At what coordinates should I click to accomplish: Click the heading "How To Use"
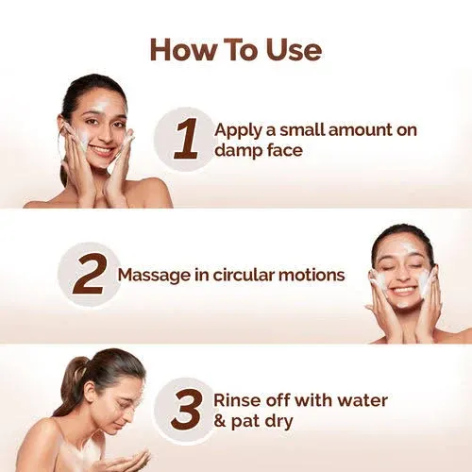coord(235,49)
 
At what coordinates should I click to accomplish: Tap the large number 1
coord(186,139)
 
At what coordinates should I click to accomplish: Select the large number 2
coord(87,275)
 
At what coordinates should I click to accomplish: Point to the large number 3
coord(185,409)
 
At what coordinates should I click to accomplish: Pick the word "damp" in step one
coord(237,150)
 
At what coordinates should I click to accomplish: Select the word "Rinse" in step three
coord(237,400)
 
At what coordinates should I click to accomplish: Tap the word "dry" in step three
coord(278,421)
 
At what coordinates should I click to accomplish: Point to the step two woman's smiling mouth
coord(403,292)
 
